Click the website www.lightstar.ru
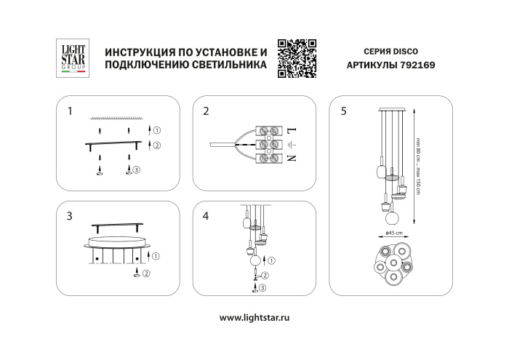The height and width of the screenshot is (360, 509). [254, 318]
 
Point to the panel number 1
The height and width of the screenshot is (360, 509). [69, 112]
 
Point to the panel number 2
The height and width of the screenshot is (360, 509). [207, 112]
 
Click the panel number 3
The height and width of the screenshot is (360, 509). [69, 216]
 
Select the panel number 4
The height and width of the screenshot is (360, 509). [207, 216]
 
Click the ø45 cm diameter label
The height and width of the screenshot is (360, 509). [394, 232]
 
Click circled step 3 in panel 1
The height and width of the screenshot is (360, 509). [136, 169]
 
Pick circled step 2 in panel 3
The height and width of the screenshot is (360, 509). [146, 273]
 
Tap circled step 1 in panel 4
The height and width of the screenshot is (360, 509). [271, 260]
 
